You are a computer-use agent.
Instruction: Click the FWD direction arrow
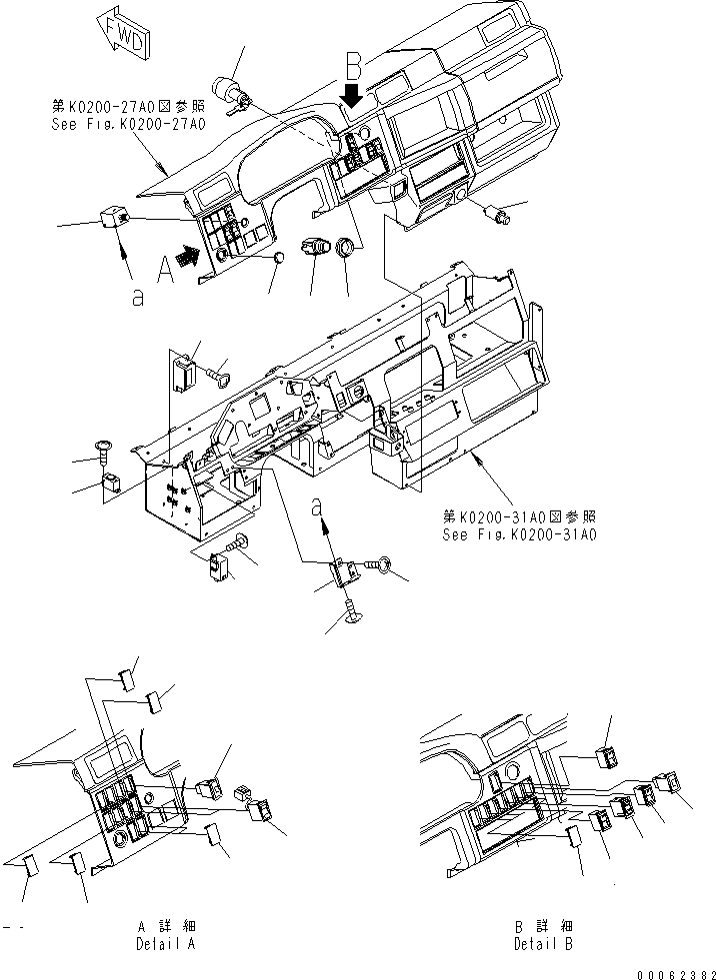(x=124, y=31)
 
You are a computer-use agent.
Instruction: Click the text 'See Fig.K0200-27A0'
(x=128, y=125)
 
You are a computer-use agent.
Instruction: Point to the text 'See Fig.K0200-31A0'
(x=519, y=534)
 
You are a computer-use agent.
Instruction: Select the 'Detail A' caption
(x=165, y=942)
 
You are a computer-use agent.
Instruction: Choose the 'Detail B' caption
(x=543, y=942)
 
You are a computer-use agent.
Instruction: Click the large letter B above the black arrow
(x=353, y=68)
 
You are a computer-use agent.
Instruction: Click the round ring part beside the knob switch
(x=345, y=249)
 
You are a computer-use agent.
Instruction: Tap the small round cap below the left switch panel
(x=278, y=259)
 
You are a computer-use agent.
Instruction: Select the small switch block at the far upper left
(x=112, y=217)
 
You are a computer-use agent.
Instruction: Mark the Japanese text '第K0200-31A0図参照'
(x=519, y=516)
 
